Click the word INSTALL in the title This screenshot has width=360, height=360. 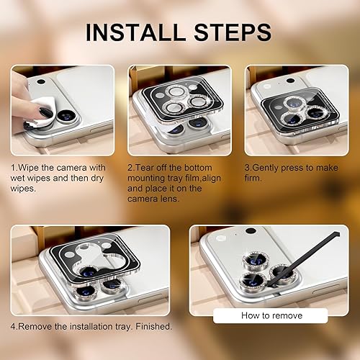click(131, 32)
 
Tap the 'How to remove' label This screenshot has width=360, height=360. click(272, 315)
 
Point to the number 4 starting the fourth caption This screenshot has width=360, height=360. click(12, 326)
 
